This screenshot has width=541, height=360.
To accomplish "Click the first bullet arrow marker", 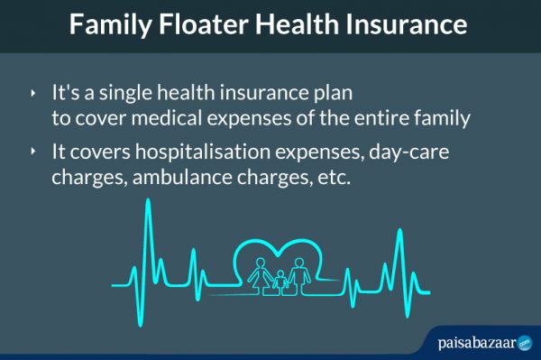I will [x=33, y=93].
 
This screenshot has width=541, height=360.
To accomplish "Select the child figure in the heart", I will [x=280, y=279].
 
